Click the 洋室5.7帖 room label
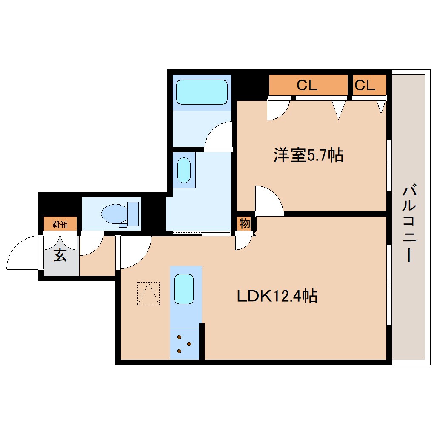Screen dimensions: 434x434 click(x=308, y=156)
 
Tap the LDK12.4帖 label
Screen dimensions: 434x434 click(x=277, y=296)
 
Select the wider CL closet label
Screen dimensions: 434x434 click(x=307, y=86)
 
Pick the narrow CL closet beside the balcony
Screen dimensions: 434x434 click(x=365, y=86)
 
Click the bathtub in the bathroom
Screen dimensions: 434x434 click(x=202, y=92)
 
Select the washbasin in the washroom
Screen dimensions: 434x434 click(x=184, y=170)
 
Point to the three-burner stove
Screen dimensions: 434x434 click(x=184, y=344)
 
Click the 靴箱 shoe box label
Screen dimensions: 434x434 click(x=60, y=224)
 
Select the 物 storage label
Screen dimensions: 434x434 click(x=244, y=223)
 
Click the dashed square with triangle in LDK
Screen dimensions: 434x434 click(x=148, y=294)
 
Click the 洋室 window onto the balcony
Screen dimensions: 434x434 click(x=388, y=165)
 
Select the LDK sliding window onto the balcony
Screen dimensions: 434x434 click(x=388, y=284)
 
